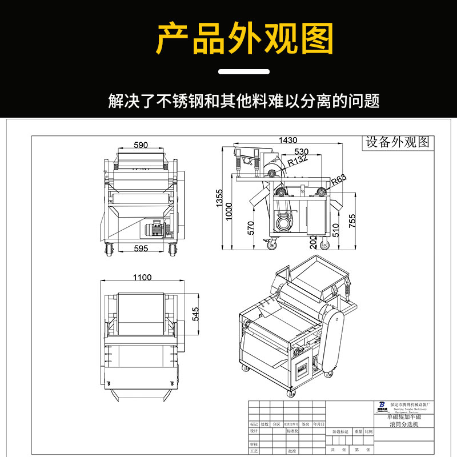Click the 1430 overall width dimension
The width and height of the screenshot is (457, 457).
point(288,141)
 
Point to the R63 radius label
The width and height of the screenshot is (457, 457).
point(339,179)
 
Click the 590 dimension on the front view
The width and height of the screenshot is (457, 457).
point(141,145)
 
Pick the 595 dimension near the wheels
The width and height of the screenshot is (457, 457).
point(141,248)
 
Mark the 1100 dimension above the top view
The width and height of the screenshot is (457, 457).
point(142,278)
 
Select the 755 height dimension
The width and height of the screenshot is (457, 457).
point(352,220)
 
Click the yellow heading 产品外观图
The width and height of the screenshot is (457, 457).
point(244,39)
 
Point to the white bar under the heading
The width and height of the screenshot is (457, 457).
point(244,72)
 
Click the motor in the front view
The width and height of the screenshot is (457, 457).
point(155,229)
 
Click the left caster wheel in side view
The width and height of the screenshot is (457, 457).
point(270,244)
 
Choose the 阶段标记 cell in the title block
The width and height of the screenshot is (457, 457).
point(337,431)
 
